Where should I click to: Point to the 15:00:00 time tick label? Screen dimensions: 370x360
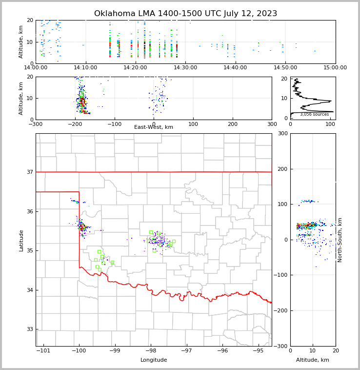pyautogui.click(x=335, y=67)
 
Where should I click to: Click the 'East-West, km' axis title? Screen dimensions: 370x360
pyautogui.click(x=154, y=127)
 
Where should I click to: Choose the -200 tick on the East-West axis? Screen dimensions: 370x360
pyautogui.click(x=114, y=124)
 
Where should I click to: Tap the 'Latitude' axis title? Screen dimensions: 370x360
pyautogui.click(x=21, y=240)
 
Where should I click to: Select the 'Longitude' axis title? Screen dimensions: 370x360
pyautogui.click(x=154, y=360)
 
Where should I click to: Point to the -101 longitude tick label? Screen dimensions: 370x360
pyautogui.click(x=43, y=351)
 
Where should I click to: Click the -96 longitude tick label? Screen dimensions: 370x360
pyautogui.click(x=222, y=351)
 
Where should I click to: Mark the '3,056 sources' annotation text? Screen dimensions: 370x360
pyautogui.click(x=314, y=114)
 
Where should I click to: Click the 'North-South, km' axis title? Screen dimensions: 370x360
pyautogui.click(x=340, y=240)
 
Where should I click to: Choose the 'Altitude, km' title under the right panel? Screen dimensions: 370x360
pyautogui.click(x=313, y=360)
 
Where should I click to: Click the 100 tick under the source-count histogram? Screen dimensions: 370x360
pyautogui.click(x=330, y=124)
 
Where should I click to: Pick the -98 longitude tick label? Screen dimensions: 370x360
pyautogui.click(x=151, y=351)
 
